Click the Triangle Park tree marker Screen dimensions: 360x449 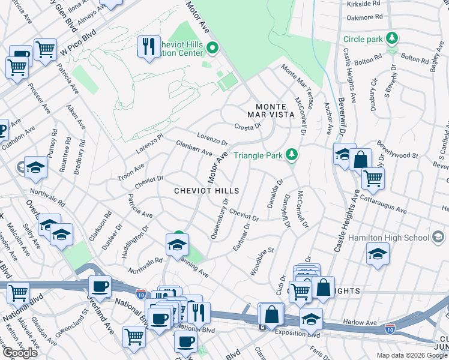pyautogui.click(x=292, y=155)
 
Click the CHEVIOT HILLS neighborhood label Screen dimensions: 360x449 pyautogui.click(x=206, y=191)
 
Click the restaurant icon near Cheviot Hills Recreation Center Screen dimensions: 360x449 pyautogui.click(x=148, y=46)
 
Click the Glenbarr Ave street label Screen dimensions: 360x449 pyautogui.click(x=194, y=148)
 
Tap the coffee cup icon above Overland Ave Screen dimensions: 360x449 pyautogui.click(x=100, y=286)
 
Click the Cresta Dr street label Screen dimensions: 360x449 pyautogui.click(x=249, y=127)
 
